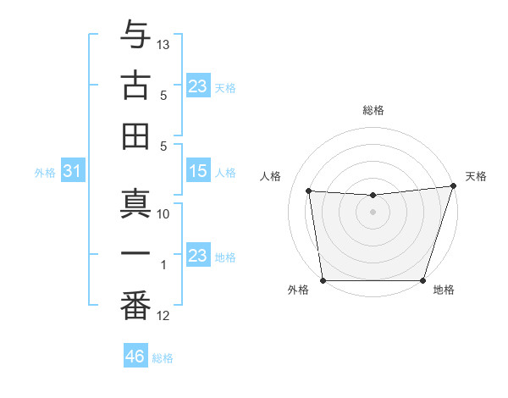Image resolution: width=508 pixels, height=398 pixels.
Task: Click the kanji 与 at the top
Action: [x=135, y=36]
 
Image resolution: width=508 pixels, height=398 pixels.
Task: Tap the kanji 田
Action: [x=135, y=136]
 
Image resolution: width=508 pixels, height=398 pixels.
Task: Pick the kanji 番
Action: [x=135, y=307]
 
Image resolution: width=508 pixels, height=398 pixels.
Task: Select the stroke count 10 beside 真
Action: [x=164, y=214]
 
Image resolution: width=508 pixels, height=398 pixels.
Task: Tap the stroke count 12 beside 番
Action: [x=164, y=316]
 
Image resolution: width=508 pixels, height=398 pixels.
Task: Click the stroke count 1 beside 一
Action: [x=164, y=265]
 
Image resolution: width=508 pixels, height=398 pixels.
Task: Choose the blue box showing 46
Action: [x=135, y=357]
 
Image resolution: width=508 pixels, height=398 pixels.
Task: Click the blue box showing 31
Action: [x=72, y=172]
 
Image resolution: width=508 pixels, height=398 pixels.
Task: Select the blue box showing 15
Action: [x=198, y=172]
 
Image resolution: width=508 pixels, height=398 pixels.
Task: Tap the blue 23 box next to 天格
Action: [x=198, y=86]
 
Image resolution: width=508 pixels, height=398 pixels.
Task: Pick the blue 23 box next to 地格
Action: [x=198, y=256]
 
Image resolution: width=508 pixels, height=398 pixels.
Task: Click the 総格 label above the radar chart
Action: [x=373, y=110]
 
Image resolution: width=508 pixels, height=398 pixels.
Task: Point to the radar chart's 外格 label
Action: [x=298, y=290]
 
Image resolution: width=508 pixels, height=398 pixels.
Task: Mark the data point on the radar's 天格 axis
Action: [x=453, y=185]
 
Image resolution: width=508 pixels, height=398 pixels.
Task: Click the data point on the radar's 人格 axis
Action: [x=309, y=191]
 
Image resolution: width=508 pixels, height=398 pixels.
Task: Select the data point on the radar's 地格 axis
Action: [x=422, y=280]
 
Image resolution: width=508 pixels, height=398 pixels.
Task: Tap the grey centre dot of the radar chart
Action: [x=373, y=212]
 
